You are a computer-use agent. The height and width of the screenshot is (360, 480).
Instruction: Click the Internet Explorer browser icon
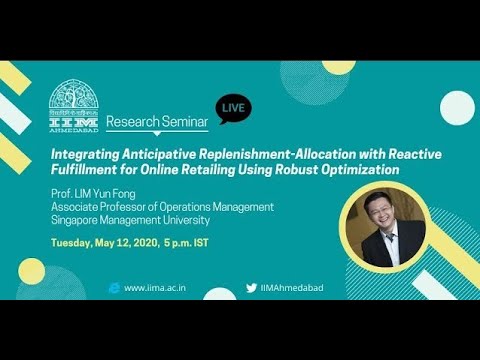[x=114, y=287]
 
